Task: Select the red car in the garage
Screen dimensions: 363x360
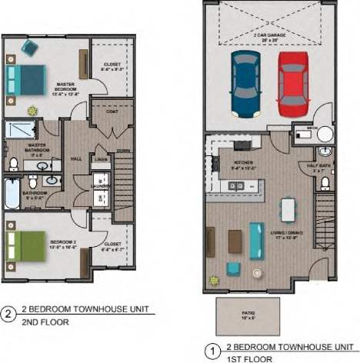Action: pos(293,83)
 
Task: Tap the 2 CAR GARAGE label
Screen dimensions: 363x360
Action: pos(269,36)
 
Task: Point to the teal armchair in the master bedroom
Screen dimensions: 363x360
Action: pos(29,48)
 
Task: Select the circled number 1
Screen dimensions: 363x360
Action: pos(210,351)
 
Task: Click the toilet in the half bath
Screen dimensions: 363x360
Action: pos(325,182)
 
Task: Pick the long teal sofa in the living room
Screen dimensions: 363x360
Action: pos(258,238)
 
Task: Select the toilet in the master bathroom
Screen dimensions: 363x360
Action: pos(14,163)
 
